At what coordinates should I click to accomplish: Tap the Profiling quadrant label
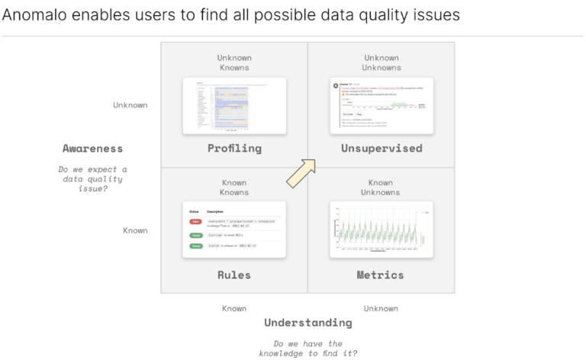pos(234,148)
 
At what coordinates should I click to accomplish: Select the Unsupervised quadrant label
pos(382,148)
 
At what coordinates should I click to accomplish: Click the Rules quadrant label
pos(234,275)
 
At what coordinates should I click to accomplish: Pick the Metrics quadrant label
pos(381,275)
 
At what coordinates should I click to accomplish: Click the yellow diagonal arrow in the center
pos(301,172)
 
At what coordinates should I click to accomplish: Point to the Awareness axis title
pos(92,148)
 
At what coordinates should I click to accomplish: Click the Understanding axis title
pos(307,323)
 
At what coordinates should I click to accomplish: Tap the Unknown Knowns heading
pos(234,63)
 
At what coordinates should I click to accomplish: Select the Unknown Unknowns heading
pos(382,63)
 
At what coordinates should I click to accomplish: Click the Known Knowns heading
pos(234,188)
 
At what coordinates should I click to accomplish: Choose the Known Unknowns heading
pos(381,188)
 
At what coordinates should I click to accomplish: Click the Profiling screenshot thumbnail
pos(234,106)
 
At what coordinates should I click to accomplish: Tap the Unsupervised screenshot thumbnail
pos(382,106)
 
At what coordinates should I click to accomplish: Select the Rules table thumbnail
pos(234,230)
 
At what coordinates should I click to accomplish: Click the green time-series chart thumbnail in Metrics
pos(381,230)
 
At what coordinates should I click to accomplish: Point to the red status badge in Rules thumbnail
pos(196,221)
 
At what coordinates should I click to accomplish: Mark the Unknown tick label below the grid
pos(381,308)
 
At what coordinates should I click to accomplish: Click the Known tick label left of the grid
pos(136,230)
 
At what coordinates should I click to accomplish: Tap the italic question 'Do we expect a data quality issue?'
pos(92,179)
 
